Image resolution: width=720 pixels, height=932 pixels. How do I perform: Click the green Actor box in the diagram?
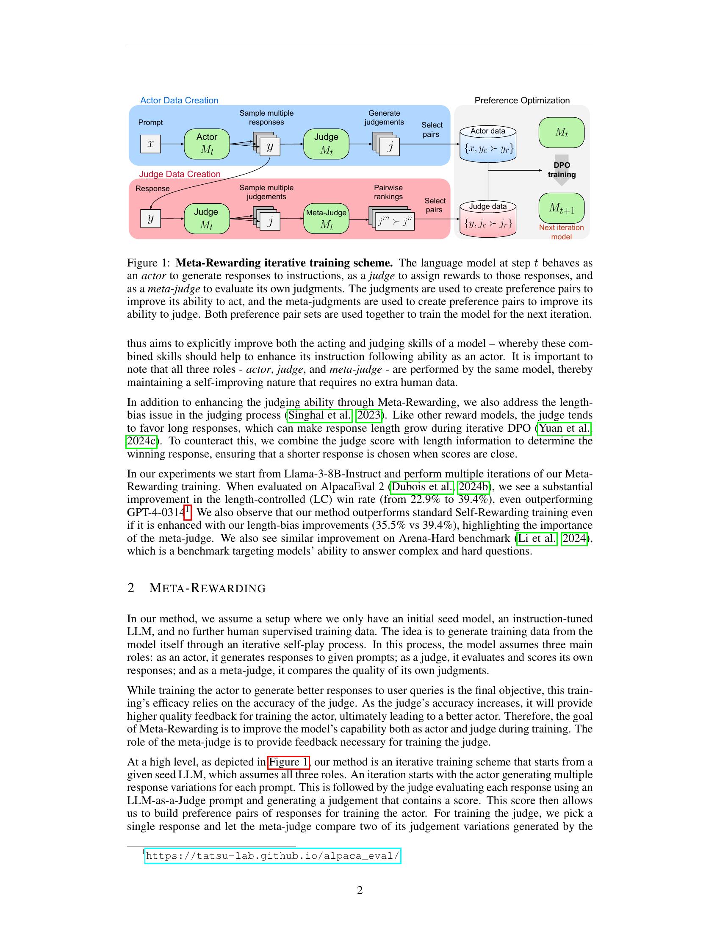pos(206,144)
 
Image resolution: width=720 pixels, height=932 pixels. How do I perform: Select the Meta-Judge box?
pos(326,219)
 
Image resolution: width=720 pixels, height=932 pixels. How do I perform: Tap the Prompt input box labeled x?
pos(150,144)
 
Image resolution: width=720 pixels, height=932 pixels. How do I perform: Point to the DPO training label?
pos(561,170)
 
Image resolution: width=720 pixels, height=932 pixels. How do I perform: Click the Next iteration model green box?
pos(561,208)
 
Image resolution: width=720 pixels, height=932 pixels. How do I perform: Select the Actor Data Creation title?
pos(179,100)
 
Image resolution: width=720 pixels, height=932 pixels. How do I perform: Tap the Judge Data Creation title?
pos(180,174)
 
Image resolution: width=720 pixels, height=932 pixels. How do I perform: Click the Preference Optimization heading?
pos(522,100)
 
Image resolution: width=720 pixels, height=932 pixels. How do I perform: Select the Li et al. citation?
pos(537,538)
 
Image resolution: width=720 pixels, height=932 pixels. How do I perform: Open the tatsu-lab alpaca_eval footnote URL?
pos(273,856)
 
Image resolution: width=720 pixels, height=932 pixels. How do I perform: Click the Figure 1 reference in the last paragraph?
pos(288,762)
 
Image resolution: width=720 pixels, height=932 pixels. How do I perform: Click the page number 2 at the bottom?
pos(360,890)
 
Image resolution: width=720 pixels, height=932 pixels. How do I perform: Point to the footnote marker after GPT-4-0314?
pos(188,510)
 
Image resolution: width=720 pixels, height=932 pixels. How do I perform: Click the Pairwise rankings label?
pos(388,192)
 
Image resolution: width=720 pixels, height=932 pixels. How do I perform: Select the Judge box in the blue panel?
pos(326,144)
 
